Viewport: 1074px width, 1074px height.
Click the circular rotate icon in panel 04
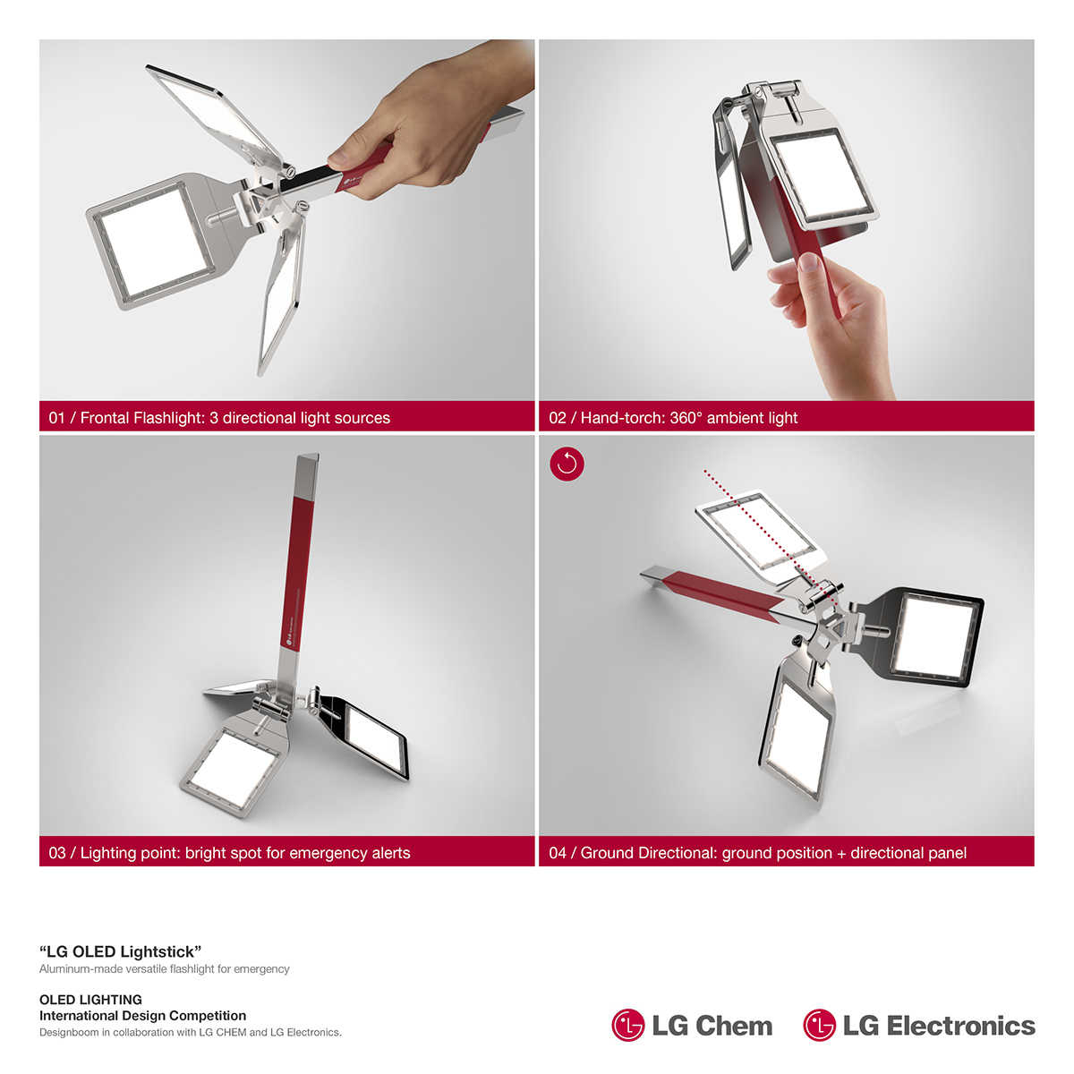point(567,464)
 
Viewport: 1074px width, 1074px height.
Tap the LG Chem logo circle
point(628,1026)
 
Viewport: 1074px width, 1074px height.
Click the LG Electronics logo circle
point(819,1026)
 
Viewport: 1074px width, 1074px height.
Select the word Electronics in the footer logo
point(960,1026)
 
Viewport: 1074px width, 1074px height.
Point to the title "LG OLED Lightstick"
point(120,951)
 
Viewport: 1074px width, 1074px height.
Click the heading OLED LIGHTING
point(90,1000)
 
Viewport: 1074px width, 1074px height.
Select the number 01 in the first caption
point(57,418)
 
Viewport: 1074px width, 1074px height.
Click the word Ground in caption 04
point(607,853)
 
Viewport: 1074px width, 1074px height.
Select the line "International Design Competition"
point(142,1016)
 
